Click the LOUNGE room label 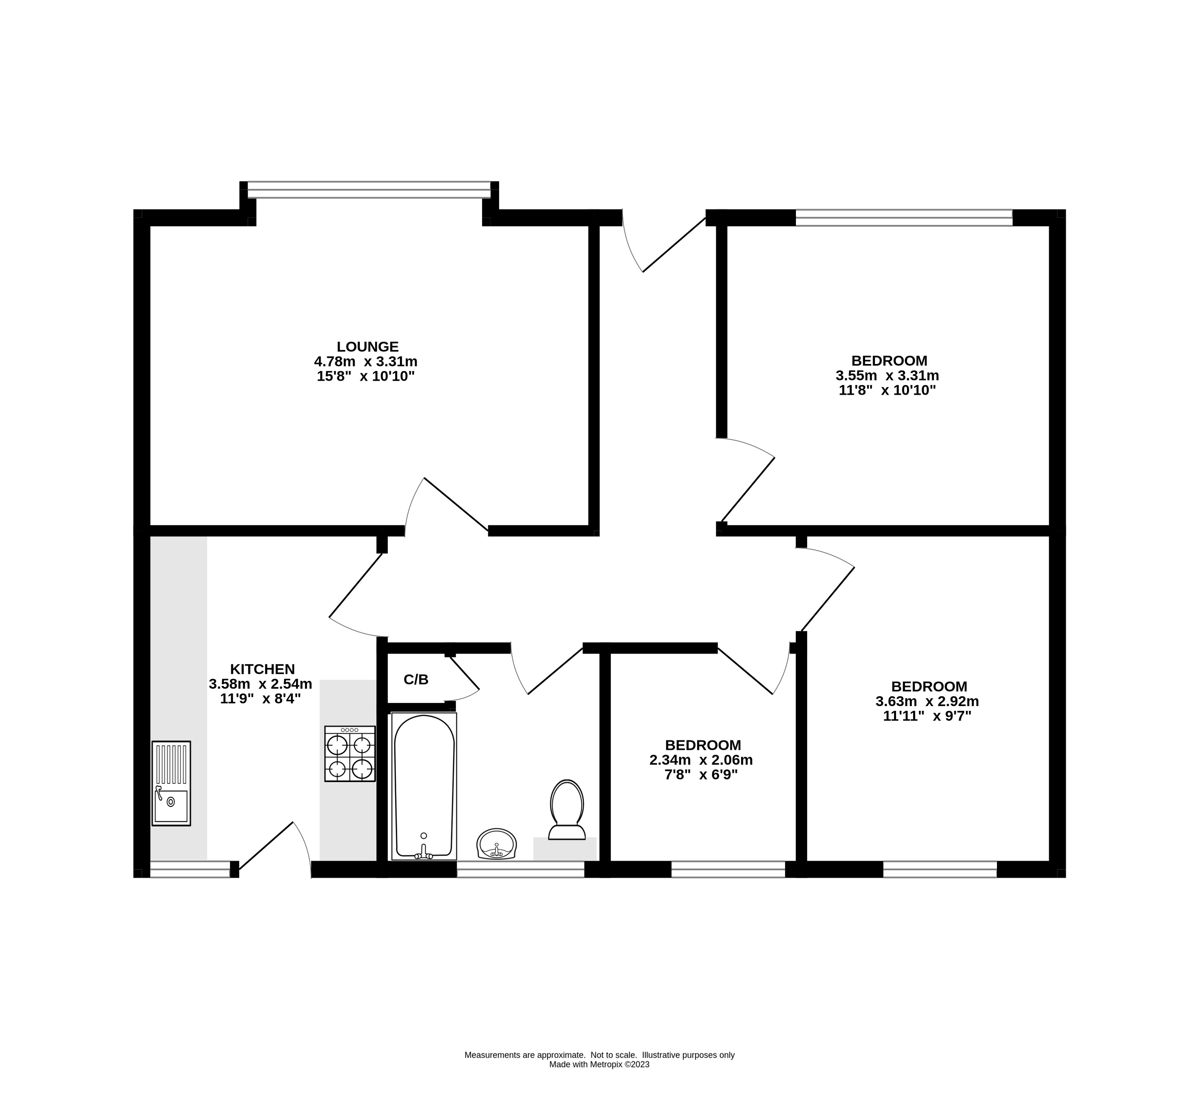(367, 346)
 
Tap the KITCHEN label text (263, 669)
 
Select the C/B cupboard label (416, 679)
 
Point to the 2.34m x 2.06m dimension (701, 760)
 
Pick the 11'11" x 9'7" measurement (927, 716)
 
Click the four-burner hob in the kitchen (350, 754)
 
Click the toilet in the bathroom (567, 809)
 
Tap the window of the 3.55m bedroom (904, 217)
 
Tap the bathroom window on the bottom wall (520, 869)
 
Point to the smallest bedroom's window (728, 869)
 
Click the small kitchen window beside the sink (189, 869)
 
